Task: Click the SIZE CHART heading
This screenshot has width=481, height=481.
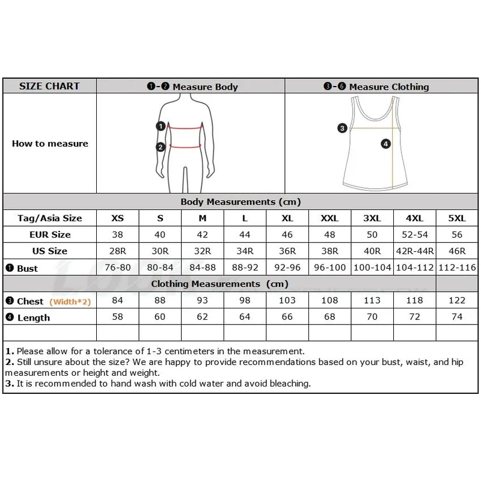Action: click(x=49, y=86)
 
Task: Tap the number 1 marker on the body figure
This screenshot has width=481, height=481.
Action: click(x=161, y=126)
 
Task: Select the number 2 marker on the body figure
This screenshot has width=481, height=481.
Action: click(x=161, y=147)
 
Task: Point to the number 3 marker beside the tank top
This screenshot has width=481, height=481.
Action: click(x=342, y=128)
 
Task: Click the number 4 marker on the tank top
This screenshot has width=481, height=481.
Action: click(x=385, y=144)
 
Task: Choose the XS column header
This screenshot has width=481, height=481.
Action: click(x=117, y=218)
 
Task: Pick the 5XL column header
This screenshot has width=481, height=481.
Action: click(x=457, y=218)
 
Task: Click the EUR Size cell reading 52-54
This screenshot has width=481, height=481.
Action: click(x=415, y=234)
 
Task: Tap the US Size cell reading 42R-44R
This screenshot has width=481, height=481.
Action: click(x=415, y=251)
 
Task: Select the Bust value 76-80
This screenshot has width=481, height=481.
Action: click(x=117, y=268)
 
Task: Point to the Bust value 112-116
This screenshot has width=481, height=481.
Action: click(x=457, y=268)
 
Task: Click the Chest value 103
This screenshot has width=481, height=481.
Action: click(x=287, y=300)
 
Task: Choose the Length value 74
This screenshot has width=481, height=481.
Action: click(x=457, y=317)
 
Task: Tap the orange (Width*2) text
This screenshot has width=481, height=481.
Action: click(x=70, y=302)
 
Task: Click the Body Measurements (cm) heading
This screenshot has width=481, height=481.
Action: click(x=240, y=202)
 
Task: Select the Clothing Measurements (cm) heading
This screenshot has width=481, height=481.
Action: click(x=219, y=284)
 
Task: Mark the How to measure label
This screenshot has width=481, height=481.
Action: click(x=50, y=144)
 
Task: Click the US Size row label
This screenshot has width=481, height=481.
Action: click(x=50, y=251)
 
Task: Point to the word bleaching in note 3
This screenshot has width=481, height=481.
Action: click(x=290, y=384)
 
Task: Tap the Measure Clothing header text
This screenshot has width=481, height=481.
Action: click(x=389, y=87)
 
